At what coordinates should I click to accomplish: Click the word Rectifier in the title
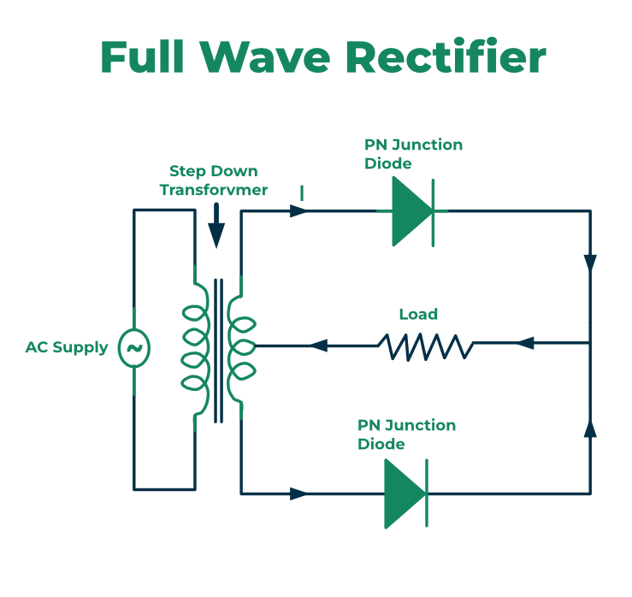pyautogui.click(x=446, y=56)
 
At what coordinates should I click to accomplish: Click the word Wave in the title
pyautogui.click(x=265, y=56)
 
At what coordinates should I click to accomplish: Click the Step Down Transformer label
pyautogui.click(x=214, y=180)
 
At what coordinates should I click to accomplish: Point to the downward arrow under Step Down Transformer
pyautogui.click(x=216, y=225)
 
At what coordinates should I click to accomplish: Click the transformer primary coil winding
pyautogui.click(x=196, y=348)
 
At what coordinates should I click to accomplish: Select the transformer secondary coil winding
pyautogui.click(x=241, y=347)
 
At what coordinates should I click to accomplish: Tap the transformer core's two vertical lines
pyautogui.click(x=218, y=351)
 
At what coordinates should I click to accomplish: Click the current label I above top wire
pyautogui.click(x=302, y=193)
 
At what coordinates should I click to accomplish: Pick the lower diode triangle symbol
pyautogui.click(x=405, y=494)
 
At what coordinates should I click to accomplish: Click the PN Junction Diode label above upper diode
pyautogui.click(x=414, y=154)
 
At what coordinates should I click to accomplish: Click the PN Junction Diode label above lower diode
pyautogui.click(x=407, y=434)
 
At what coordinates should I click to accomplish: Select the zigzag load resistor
pyautogui.click(x=425, y=346)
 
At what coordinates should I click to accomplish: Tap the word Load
pyautogui.click(x=418, y=315)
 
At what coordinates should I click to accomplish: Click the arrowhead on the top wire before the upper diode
pyautogui.click(x=298, y=210)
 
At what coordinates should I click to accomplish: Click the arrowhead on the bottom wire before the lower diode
pyautogui.click(x=298, y=494)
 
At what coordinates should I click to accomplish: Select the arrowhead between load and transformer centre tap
pyautogui.click(x=318, y=346)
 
